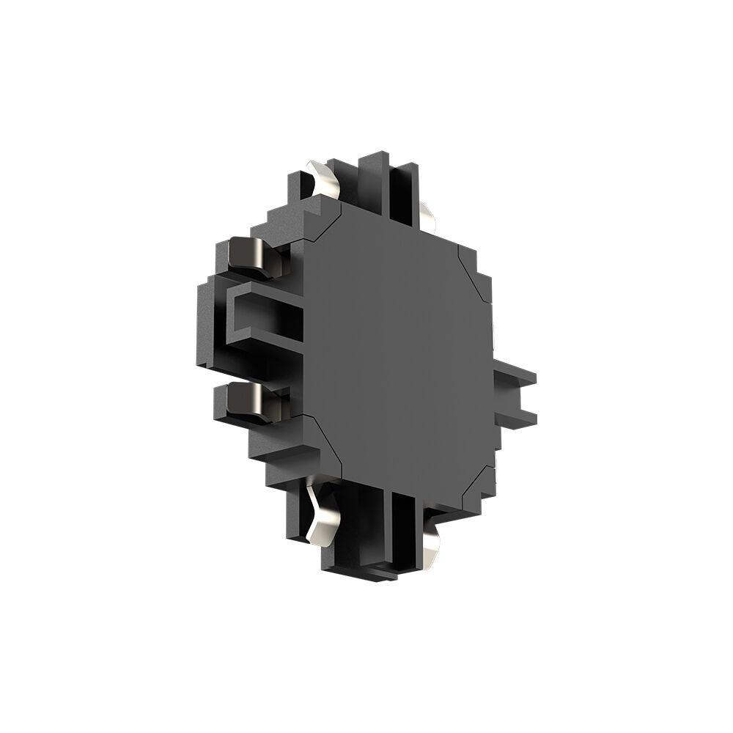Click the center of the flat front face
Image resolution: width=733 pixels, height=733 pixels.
click(396, 352)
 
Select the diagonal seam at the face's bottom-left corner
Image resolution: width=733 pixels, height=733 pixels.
click(323, 440)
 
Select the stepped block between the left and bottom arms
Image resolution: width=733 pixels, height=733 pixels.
click(279, 454)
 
